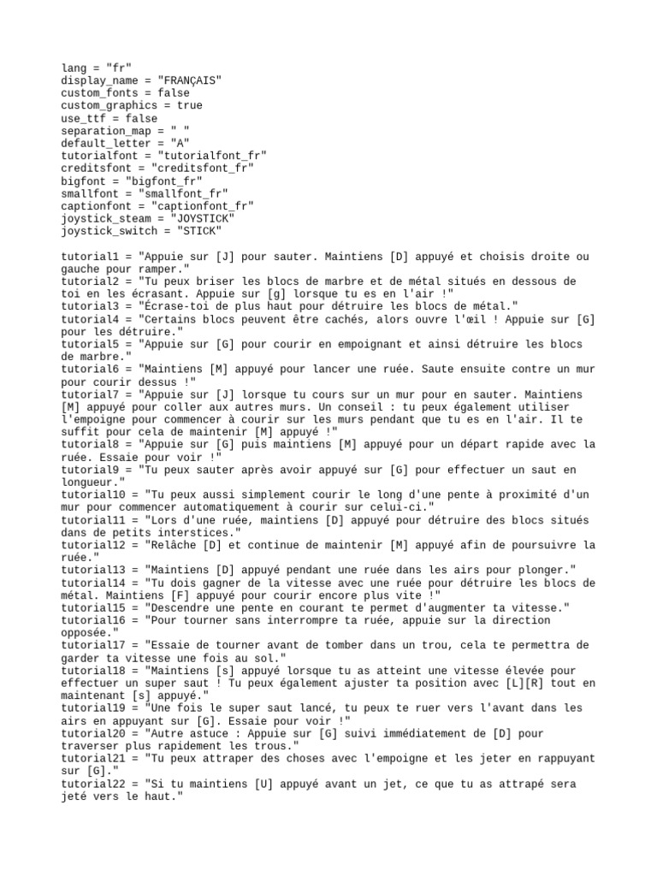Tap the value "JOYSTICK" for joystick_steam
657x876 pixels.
pos(200,219)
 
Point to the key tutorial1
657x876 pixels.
pos(92,257)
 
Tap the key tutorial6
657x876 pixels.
pos(92,370)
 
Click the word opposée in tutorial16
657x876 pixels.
pos(89,633)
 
